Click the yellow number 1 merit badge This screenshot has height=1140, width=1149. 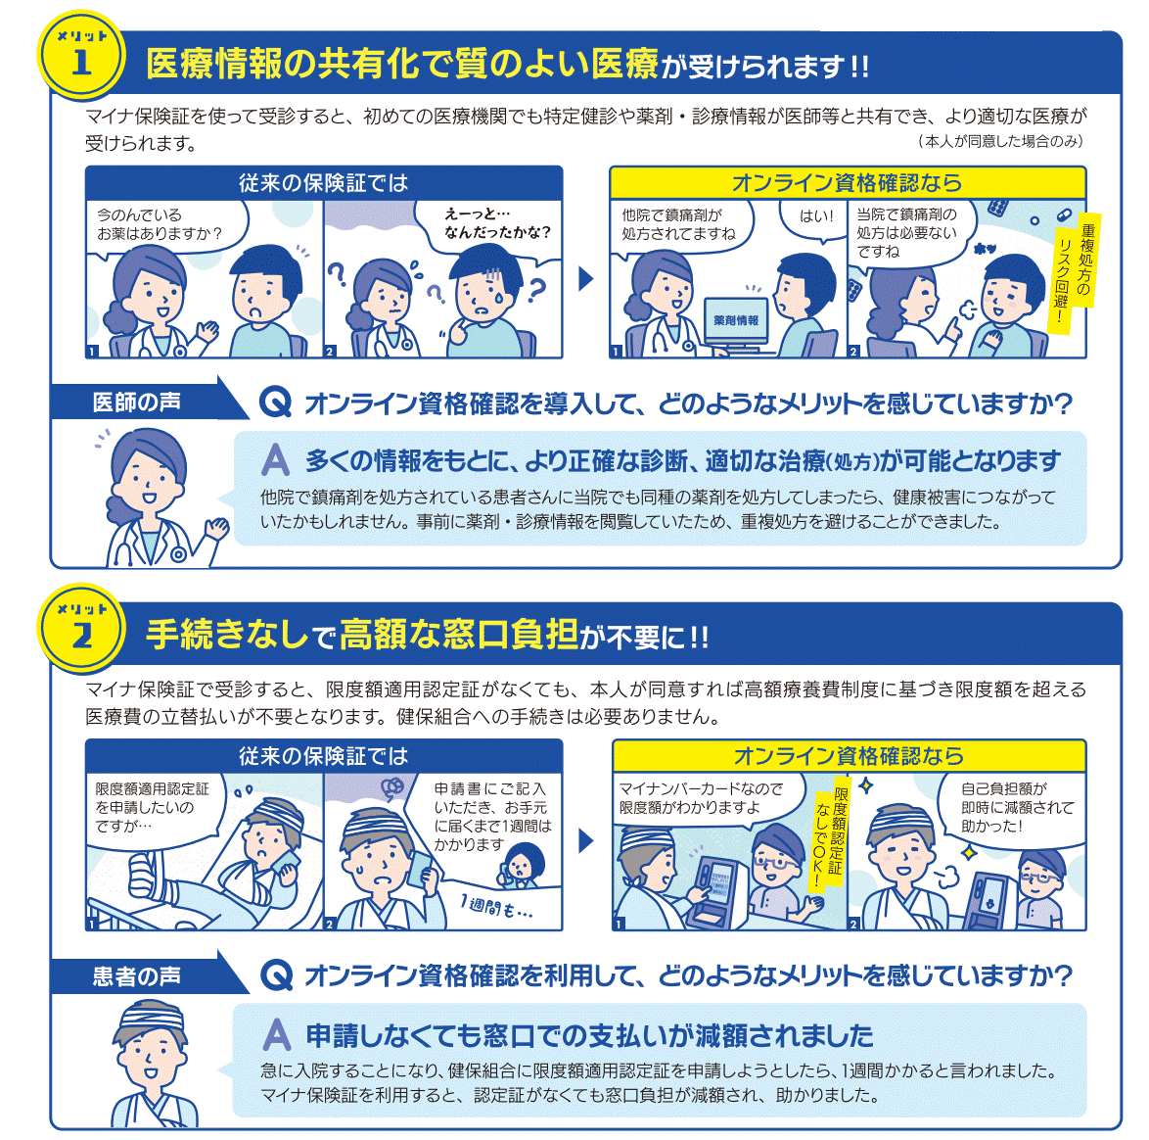[x=81, y=54]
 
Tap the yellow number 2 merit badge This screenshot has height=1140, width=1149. [x=81, y=629]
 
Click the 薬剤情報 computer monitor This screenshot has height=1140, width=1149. [x=736, y=320]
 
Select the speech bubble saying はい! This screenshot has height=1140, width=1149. [x=815, y=218]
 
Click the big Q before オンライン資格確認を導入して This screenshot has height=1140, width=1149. [x=276, y=403]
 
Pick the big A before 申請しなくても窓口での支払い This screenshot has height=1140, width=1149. [x=277, y=1035]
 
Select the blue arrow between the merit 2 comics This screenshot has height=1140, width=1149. [x=585, y=841]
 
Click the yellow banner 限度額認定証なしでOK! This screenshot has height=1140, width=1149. [x=829, y=836]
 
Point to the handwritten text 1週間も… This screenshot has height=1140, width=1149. [x=496, y=908]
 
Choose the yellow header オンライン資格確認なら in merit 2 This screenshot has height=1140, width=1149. [x=849, y=756]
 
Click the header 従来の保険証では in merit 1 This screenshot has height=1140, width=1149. [x=323, y=182]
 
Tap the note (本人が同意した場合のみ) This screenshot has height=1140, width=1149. [x=999, y=141]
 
